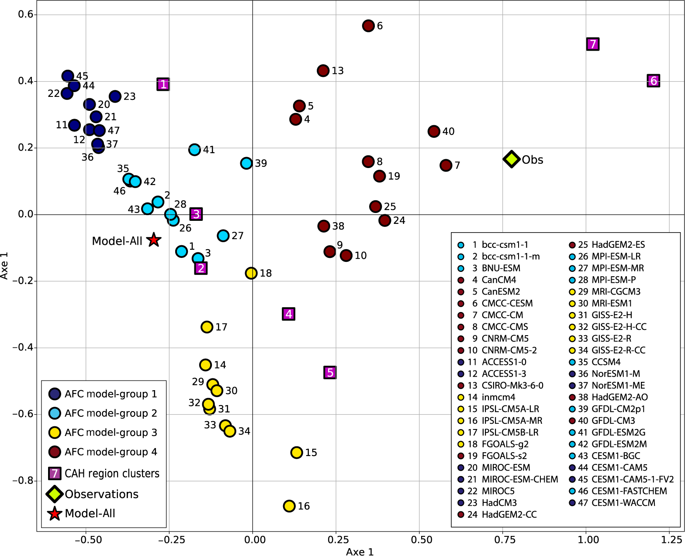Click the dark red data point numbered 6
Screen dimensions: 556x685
point(368,26)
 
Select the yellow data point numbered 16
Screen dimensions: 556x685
point(289,506)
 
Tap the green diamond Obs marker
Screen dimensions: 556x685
point(511,159)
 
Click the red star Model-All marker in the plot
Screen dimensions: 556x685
point(153,240)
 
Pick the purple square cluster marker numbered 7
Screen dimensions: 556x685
point(592,44)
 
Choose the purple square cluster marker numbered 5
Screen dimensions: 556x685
point(330,372)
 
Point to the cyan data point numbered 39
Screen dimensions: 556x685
point(246,163)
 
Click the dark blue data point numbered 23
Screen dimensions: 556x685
point(115,96)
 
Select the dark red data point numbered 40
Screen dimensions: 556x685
point(434,131)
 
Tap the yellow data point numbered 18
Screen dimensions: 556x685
point(251,273)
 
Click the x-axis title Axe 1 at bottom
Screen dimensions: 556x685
point(360,552)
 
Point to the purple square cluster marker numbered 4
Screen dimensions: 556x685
point(288,314)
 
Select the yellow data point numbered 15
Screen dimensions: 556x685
point(297,453)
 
